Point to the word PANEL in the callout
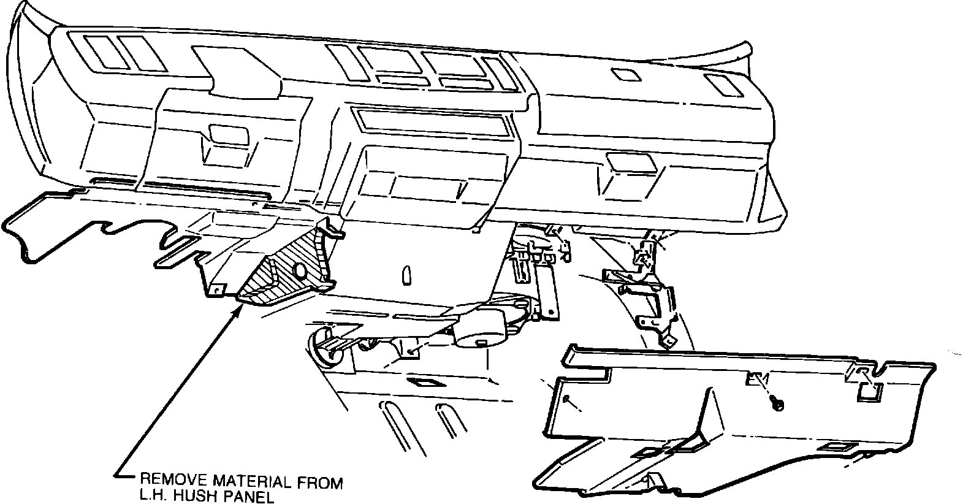tap(251, 497)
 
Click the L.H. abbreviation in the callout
tap(156, 497)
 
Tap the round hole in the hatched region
tap(300, 271)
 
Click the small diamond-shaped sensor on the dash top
tap(625, 74)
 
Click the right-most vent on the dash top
tap(723, 84)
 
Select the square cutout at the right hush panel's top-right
tap(869, 391)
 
